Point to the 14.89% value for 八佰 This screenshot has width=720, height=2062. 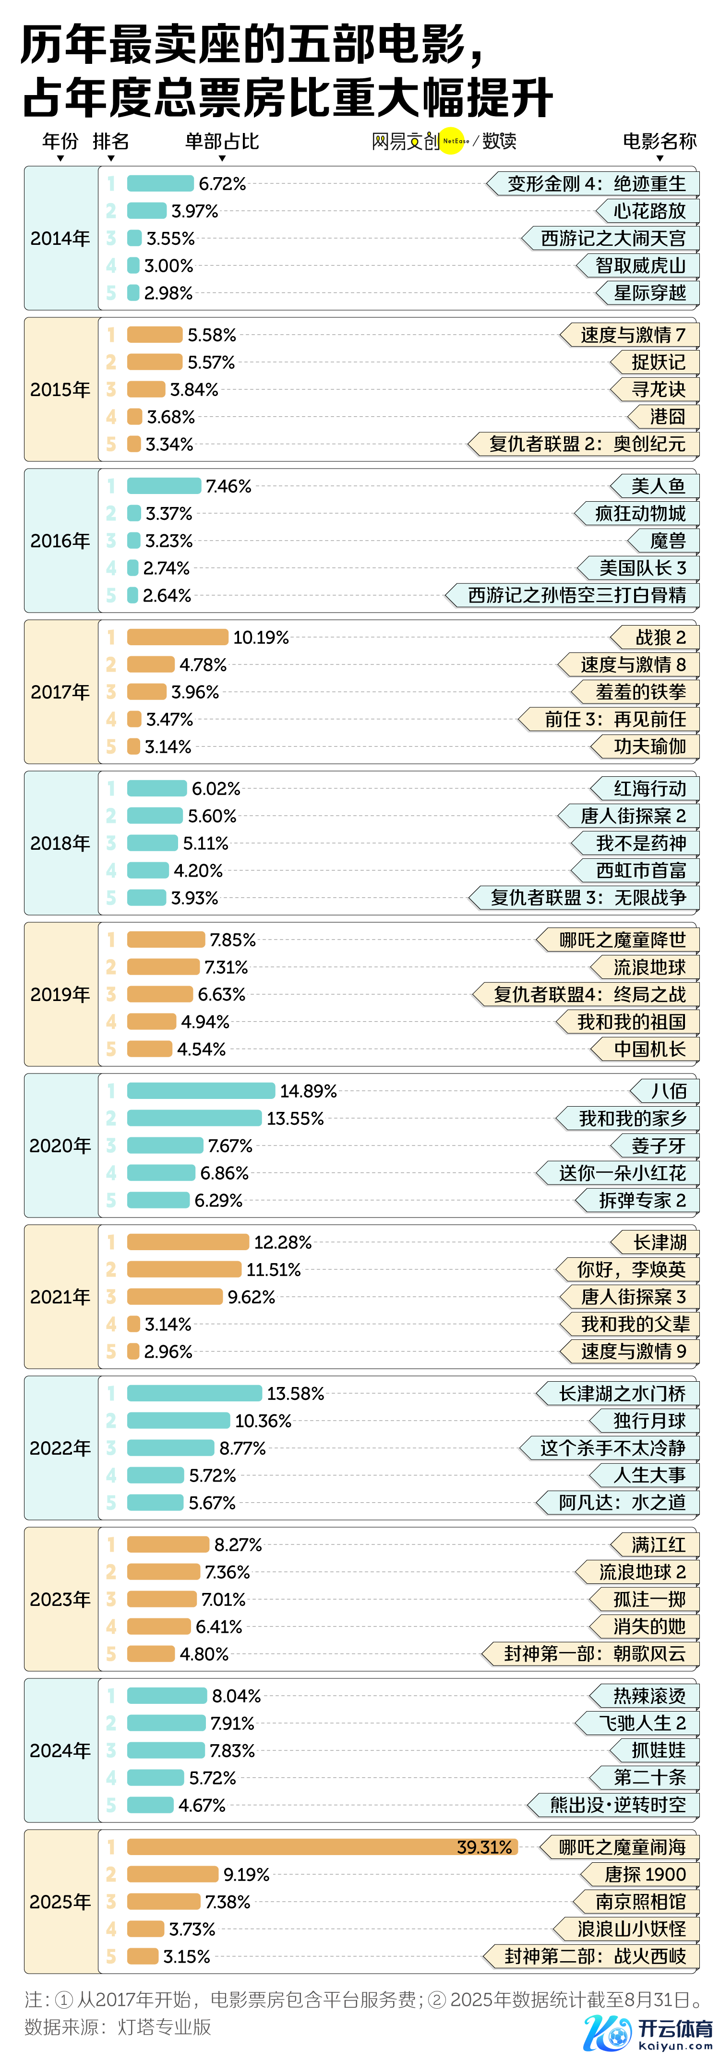(x=308, y=1091)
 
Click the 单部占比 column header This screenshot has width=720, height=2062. (x=222, y=142)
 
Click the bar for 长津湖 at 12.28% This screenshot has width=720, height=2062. (x=188, y=1242)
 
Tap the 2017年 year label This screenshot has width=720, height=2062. (x=60, y=692)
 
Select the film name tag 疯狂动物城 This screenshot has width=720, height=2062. (x=639, y=514)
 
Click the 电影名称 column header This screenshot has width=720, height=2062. (x=659, y=142)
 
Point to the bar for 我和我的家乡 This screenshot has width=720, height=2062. (x=193, y=1118)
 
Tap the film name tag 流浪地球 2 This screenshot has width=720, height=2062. (x=642, y=1572)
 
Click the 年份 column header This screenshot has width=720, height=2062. (x=60, y=142)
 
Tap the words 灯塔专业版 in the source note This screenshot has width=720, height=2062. (x=164, y=2027)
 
